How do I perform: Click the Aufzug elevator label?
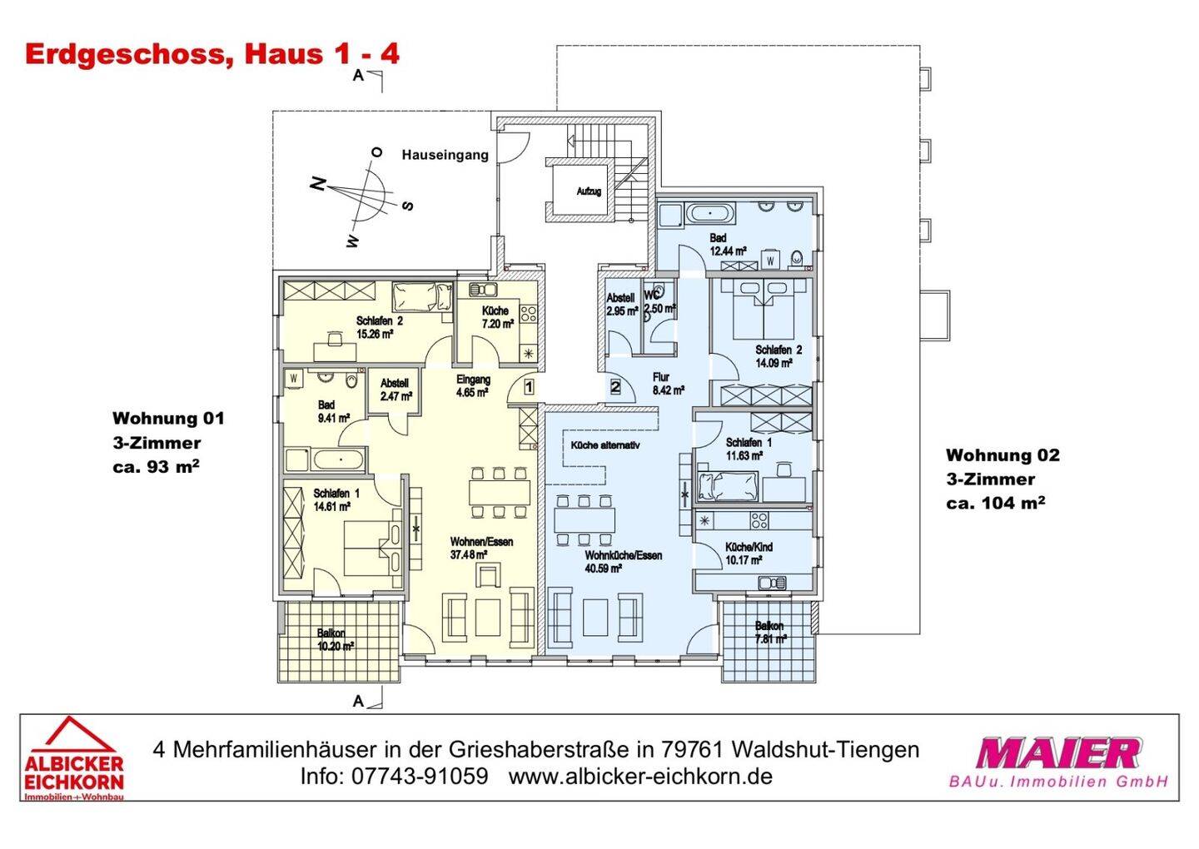click(x=588, y=191)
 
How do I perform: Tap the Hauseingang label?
click(x=445, y=155)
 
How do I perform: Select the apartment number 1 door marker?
click(x=528, y=386)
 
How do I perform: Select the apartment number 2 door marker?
click(x=615, y=386)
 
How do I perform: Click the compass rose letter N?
click(x=316, y=184)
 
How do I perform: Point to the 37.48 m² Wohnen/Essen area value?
click(x=470, y=555)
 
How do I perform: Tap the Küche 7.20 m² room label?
click(x=495, y=317)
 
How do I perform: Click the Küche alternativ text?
click(x=604, y=445)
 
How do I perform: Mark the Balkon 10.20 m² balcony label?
click(x=335, y=639)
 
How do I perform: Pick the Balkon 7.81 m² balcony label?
click(x=769, y=633)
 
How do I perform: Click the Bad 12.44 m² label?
click(x=727, y=244)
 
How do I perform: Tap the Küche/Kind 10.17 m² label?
click(x=748, y=554)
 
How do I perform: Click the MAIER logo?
click(x=1057, y=754)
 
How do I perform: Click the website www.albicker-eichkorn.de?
click(x=640, y=777)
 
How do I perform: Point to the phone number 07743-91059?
click(x=420, y=777)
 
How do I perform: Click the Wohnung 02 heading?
click(x=1002, y=455)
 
